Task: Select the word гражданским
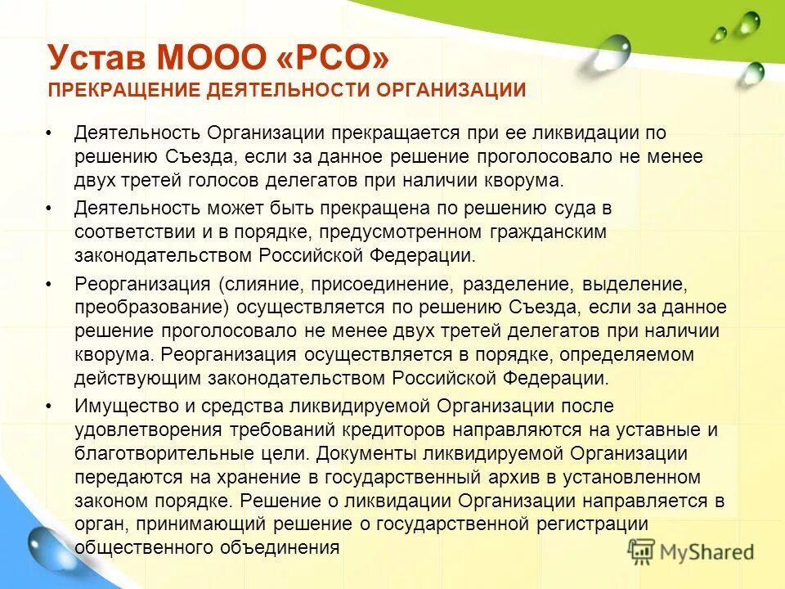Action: pyautogui.click(x=545, y=232)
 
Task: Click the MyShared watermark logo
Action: pyautogui.click(x=690, y=551)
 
